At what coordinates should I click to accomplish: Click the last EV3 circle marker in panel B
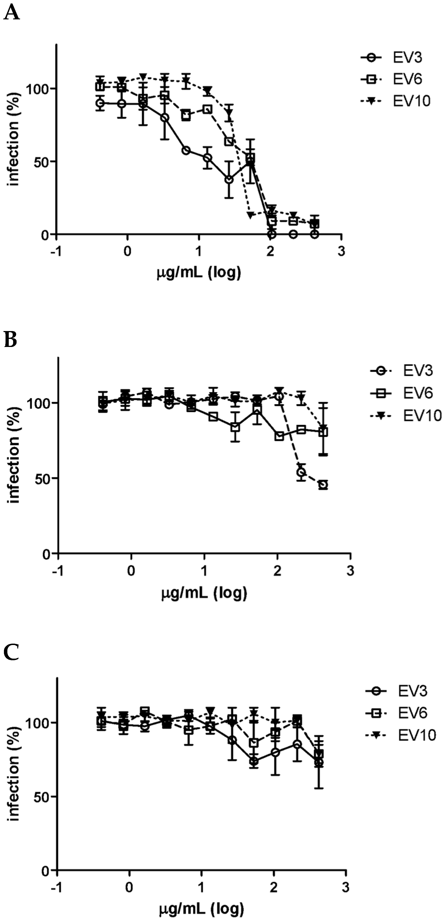coord(323,485)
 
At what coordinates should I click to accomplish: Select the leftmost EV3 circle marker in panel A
coord(100,103)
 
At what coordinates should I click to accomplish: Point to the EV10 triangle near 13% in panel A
coord(250,215)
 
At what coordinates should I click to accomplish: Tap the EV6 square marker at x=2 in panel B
coord(279,436)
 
